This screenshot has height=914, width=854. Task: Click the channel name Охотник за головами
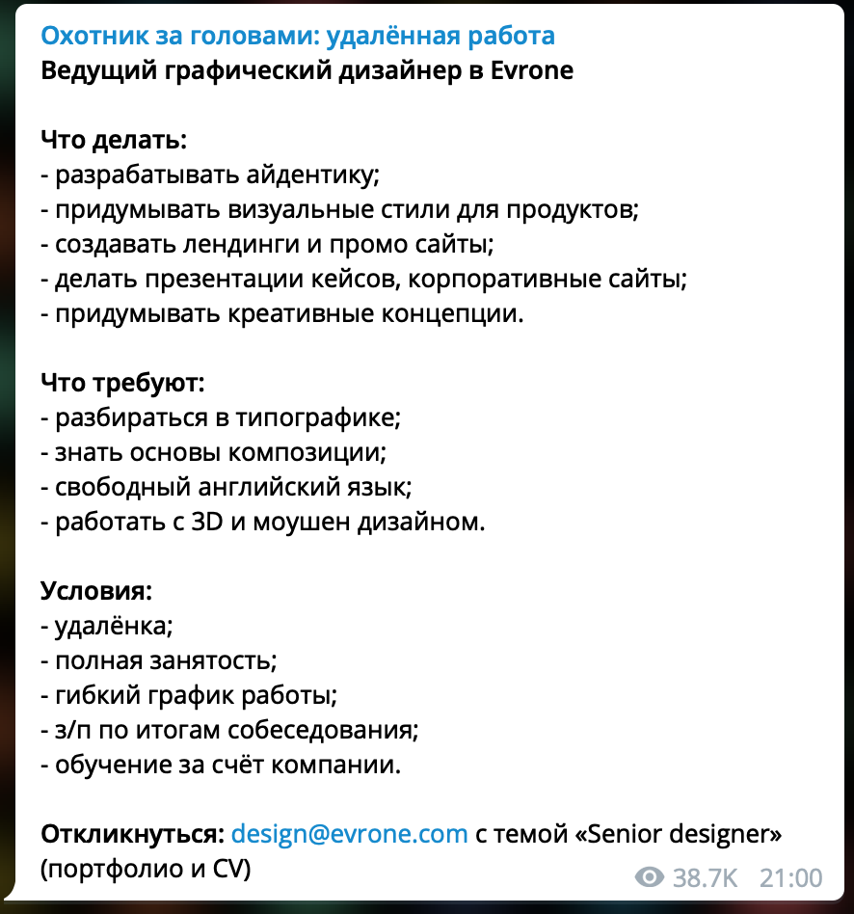[x=297, y=37]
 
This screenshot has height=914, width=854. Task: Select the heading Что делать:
[x=113, y=141]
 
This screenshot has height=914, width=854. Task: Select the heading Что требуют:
[x=122, y=384]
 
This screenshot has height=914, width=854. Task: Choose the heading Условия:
[x=96, y=591]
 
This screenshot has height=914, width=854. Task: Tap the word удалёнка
[x=114, y=626]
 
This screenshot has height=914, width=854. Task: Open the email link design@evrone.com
[x=350, y=834]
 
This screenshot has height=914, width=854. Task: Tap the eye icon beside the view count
[x=651, y=877]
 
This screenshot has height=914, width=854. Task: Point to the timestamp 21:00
[x=790, y=877]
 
